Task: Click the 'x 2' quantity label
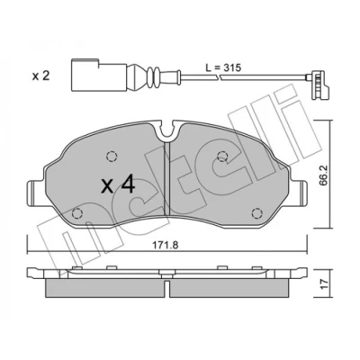point(40,76)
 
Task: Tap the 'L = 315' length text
point(223,67)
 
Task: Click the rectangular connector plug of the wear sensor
point(99,74)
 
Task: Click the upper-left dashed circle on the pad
point(112,156)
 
